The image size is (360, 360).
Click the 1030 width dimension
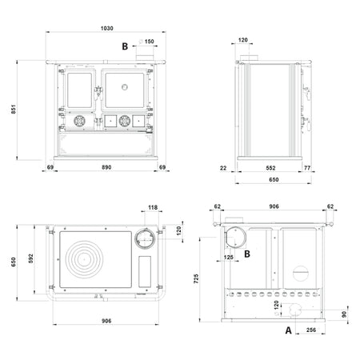pos(106,28)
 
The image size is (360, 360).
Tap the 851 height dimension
pos(14,110)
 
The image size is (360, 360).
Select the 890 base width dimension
pos(106,167)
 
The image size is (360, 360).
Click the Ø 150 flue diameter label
pos(146,42)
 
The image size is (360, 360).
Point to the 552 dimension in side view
pos(270,168)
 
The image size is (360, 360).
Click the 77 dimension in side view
pos(307,168)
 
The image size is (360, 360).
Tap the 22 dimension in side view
pos(223,168)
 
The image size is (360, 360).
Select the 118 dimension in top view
pos(153,207)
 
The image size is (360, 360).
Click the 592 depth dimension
pos(30,258)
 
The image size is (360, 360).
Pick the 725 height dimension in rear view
pos(196,278)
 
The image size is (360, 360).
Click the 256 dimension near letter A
pos(311,330)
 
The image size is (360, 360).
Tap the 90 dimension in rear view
pos(344,314)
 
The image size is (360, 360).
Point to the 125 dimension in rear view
pos(229,258)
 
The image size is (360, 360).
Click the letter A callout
pos(288,330)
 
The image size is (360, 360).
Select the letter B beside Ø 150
pos(125,46)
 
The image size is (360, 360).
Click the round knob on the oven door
pos(125,87)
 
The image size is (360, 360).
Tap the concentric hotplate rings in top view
pos(84,259)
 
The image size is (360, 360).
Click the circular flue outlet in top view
pos(145,239)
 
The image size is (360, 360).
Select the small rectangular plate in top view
pos(145,271)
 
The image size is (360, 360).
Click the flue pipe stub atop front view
pos(145,58)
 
